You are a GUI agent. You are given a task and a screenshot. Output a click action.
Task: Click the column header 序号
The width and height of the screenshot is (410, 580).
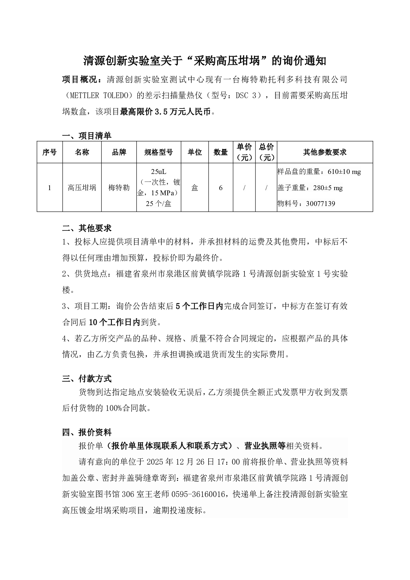[x=50, y=152]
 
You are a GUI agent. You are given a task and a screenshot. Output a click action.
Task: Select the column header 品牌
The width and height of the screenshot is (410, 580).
[x=119, y=152]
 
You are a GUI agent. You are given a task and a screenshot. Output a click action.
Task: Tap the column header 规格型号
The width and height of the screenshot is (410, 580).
[x=158, y=152]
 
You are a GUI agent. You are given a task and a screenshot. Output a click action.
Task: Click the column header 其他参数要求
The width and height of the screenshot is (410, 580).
[x=325, y=152]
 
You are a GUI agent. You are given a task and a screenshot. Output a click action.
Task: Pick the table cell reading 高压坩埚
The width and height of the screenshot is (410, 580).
[x=82, y=188]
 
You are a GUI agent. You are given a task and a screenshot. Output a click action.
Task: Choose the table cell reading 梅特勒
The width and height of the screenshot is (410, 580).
[x=119, y=188]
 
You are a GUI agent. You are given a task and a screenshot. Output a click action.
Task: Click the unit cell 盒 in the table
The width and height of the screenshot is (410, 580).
[x=195, y=188]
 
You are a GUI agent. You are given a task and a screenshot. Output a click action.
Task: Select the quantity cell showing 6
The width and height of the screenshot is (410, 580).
[x=221, y=188]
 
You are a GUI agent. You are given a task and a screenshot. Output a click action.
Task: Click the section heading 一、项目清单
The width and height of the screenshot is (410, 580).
[x=87, y=136]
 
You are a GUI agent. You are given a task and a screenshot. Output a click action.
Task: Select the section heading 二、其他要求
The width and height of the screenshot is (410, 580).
[x=87, y=228]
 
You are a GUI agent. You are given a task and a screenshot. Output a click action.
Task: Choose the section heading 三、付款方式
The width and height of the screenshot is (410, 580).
[x=87, y=379]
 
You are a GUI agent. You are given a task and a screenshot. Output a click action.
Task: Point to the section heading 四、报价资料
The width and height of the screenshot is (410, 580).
[x=87, y=432]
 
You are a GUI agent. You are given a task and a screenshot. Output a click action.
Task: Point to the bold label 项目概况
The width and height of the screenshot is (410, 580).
[x=80, y=80]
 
